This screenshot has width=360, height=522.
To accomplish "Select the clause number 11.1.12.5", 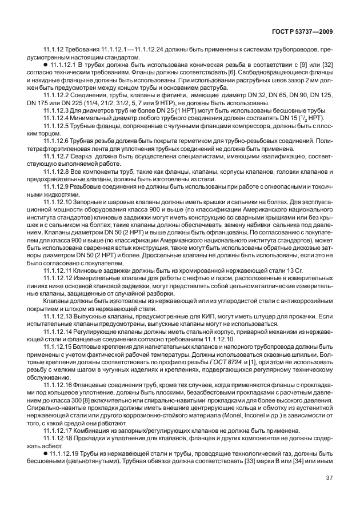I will click(58, 125).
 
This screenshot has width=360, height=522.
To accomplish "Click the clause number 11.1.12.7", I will click(58, 157).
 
